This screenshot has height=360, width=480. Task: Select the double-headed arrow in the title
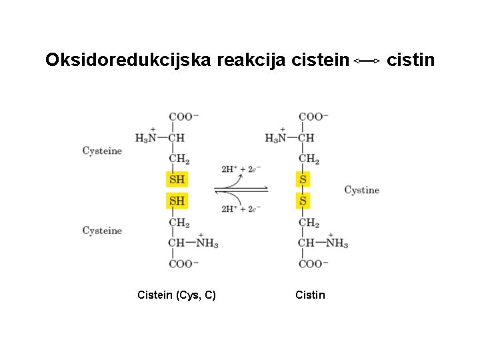point(367,61)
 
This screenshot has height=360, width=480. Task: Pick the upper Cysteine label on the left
point(102,151)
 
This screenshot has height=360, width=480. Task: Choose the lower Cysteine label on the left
point(102,231)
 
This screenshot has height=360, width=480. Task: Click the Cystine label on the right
point(361,190)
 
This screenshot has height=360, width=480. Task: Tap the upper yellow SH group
point(177,179)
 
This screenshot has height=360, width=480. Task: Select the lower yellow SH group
point(177,201)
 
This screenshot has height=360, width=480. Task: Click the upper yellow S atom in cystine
point(303,179)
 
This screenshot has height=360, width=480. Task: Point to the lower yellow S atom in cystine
point(303,201)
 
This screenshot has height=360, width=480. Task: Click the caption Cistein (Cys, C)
point(176,295)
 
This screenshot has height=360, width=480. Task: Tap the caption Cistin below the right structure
point(310,295)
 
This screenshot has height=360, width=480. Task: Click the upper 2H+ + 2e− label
point(241,169)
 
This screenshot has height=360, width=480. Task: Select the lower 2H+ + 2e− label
point(241,209)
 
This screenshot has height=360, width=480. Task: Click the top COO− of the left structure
point(183,117)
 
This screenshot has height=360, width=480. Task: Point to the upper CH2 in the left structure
point(179,160)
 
